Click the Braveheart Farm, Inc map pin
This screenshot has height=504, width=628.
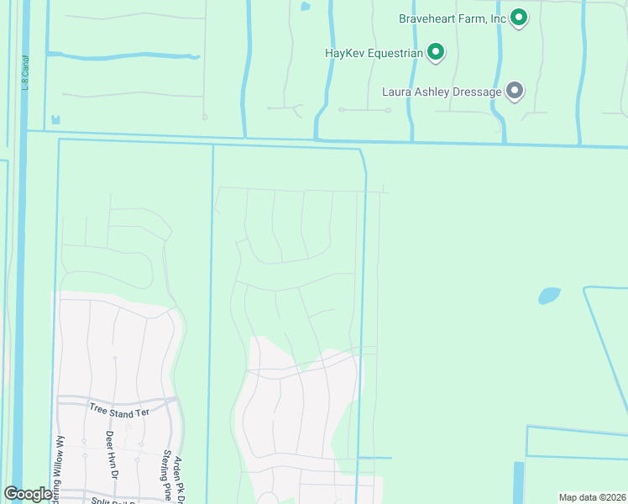pos(519,18)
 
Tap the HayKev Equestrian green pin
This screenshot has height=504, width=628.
pos(436,54)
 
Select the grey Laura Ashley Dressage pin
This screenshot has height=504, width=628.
pos(515,92)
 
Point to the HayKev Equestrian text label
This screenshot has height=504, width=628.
pos(373,53)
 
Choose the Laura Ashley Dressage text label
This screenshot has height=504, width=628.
pos(442,91)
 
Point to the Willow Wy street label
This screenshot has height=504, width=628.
pos(60,462)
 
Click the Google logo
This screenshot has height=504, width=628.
pos(27,494)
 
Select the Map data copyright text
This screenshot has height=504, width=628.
pos(591,497)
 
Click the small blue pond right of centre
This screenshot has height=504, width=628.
pos(549,296)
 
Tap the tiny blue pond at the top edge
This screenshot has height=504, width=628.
pos(305,6)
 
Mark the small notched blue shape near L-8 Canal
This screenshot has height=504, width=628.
pos(55,120)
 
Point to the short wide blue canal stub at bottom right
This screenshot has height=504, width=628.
pos(518,482)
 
